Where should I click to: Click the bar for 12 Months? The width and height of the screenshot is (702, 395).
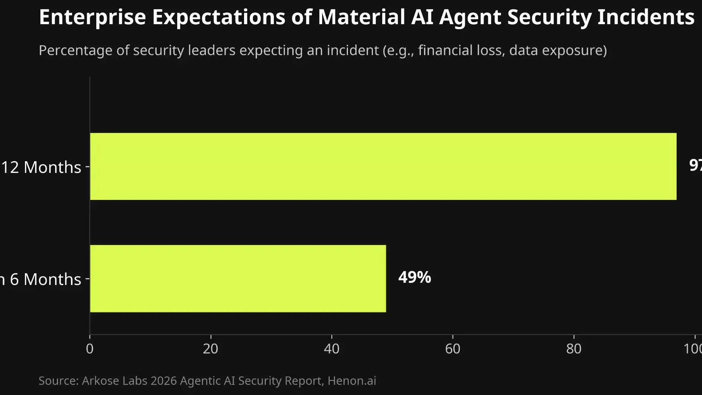click(383, 166)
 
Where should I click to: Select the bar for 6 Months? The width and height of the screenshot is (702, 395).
click(238, 278)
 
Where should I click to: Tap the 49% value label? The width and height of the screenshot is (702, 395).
click(414, 277)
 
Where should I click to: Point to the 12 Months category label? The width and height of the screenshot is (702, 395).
click(41, 167)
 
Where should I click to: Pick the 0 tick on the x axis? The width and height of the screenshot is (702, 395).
click(89, 348)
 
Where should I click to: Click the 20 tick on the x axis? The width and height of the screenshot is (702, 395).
click(210, 348)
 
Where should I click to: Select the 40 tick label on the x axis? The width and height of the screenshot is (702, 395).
click(331, 348)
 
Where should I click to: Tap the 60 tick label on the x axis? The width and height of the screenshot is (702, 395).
click(452, 348)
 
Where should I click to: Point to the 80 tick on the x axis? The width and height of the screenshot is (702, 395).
click(574, 348)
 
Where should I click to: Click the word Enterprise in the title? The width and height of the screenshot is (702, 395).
click(92, 17)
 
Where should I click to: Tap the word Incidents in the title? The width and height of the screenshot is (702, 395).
click(646, 17)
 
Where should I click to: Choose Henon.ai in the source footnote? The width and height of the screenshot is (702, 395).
click(352, 380)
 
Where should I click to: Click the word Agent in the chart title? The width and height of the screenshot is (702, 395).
click(470, 17)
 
